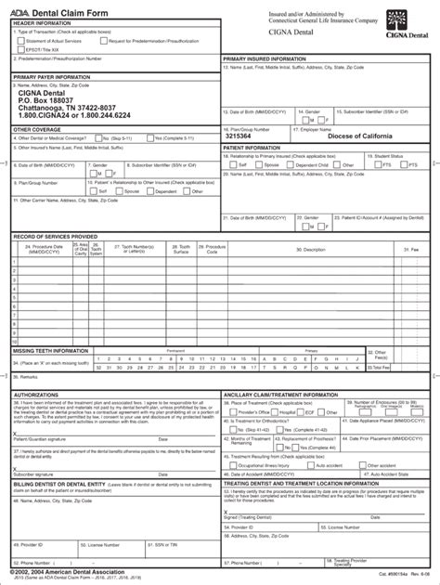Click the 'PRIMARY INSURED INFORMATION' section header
tap(264, 58)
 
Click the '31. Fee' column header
tap(409, 249)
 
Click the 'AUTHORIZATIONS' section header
tap(36, 394)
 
